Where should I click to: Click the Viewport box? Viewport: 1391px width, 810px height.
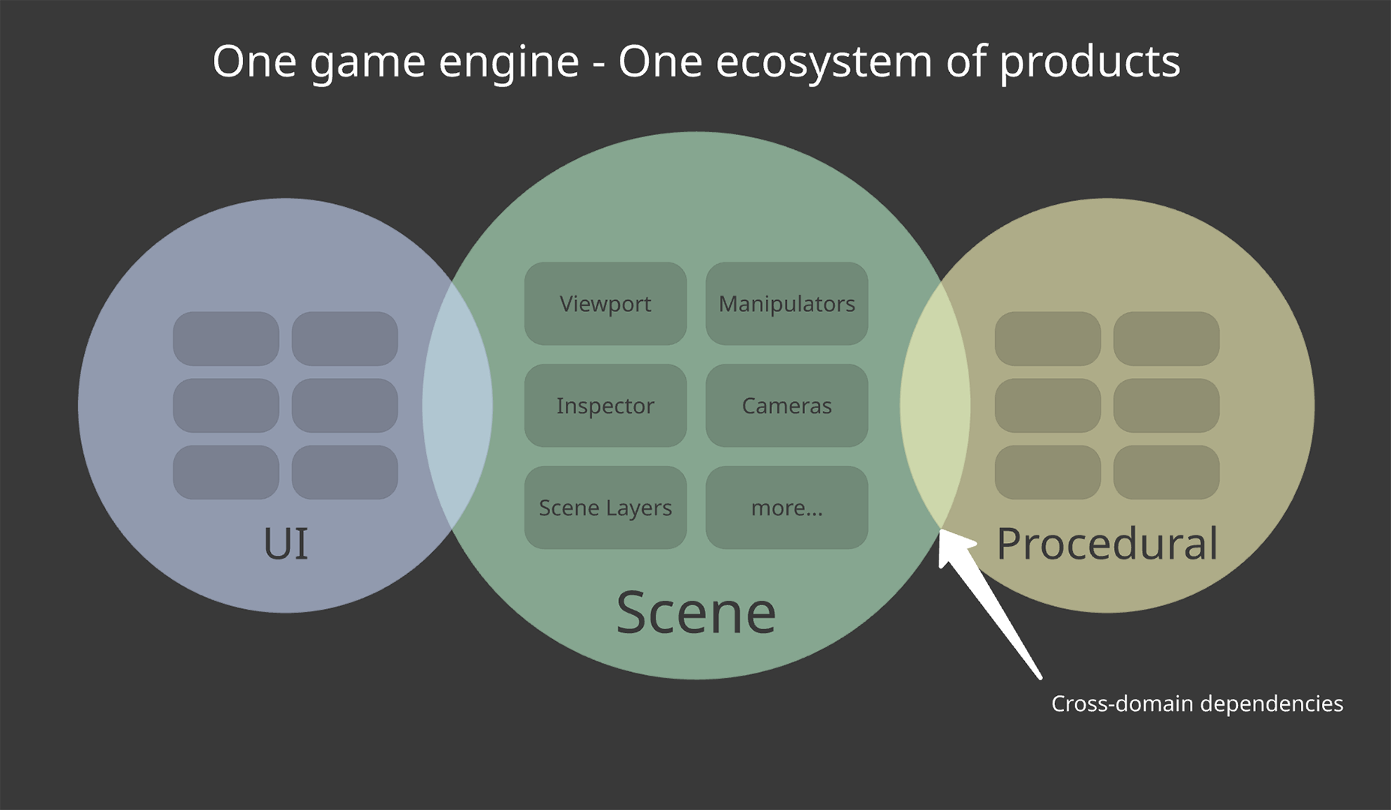(605, 304)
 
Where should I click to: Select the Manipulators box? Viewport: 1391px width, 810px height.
(786, 304)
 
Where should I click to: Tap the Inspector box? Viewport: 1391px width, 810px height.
(605, 406)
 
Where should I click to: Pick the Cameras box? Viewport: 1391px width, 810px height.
(786, 406)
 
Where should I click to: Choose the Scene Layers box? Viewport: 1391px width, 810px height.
(605, 508)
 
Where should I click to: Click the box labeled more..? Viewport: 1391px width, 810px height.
(786, 508)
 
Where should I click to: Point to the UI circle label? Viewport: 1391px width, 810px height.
(286, 544)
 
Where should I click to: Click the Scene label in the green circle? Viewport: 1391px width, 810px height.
(695, 613)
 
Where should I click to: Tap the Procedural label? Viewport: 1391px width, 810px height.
(1107, 544)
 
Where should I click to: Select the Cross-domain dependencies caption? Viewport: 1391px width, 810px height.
(1197, 703)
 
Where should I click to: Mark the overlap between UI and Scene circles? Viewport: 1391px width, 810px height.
(458, 406)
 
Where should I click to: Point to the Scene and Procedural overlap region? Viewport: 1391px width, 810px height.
(935, 406)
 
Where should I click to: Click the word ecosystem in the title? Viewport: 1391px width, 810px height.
(824, 61)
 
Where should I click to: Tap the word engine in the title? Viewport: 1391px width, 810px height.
(509, 61)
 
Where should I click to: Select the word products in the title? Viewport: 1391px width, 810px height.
(1089, 61)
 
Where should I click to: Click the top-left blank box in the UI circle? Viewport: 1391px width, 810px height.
(226, 339)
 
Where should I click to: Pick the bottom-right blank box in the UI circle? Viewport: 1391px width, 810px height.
(344, 472)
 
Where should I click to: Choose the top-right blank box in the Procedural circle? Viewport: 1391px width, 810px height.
(1166, 339)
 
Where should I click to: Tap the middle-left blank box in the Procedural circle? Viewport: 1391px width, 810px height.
(1047, 406)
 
